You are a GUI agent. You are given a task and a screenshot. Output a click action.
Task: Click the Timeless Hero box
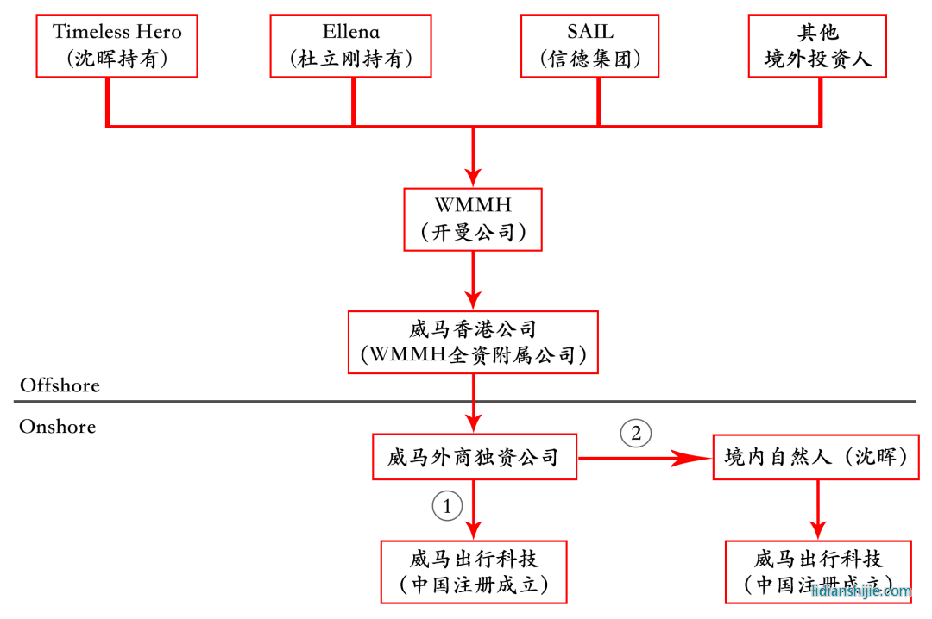click(117, 45)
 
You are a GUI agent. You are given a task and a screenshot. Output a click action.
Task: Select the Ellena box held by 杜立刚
click(351, 45)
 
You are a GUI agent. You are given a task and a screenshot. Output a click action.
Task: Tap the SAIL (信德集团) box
click(590, 45)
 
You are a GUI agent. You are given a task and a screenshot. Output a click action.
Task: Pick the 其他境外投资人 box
click(817, 45)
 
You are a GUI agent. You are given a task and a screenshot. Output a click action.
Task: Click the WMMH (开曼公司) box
click(473, 219)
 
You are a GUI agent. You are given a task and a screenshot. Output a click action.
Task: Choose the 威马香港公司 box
click(473, 342)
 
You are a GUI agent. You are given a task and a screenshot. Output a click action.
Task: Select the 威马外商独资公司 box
click(473, 457)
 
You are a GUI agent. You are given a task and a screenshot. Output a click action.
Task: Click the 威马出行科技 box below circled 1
click(473, 572)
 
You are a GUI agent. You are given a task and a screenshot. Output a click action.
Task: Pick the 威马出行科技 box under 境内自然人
click(817, 572)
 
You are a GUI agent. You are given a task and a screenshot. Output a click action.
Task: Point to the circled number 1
click(447, 507)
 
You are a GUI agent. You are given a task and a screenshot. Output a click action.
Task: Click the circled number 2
click(636, 433)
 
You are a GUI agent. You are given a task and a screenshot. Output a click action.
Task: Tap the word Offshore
click(60, 385)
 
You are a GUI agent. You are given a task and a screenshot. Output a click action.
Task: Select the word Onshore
click(57, 427)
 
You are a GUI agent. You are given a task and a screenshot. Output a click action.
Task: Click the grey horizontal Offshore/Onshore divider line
click(259, 402)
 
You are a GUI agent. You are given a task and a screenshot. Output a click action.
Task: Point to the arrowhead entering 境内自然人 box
click(701, 458)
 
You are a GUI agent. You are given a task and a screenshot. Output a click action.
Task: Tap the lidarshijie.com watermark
click(860, 591)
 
